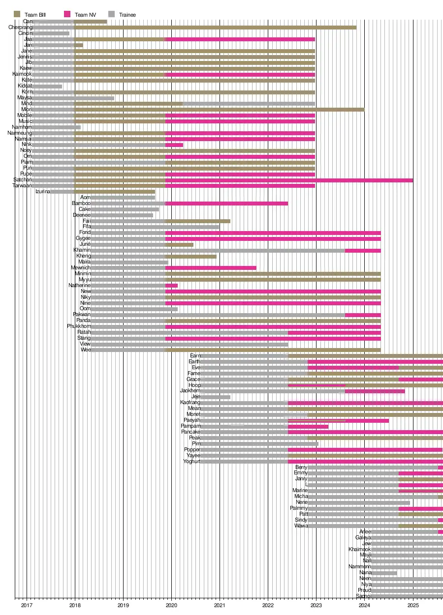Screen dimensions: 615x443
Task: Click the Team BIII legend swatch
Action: [x=17, y=15]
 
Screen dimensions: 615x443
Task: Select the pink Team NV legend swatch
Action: [x=67, y=15]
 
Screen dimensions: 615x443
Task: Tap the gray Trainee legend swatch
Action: [x=112, y=15]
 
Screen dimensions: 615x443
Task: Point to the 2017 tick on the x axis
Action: [x=27, y=599]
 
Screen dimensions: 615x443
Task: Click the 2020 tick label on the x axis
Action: [x=171, y=605]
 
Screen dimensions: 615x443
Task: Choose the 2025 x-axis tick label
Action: [x=412, y=605]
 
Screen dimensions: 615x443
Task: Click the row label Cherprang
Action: [x=20, y=28]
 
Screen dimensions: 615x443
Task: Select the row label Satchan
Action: [x=22, y=180]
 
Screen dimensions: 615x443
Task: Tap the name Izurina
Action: [x=42, y=192]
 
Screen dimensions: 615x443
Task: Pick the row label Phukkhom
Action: [x=79, y=326]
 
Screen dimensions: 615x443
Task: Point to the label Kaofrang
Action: [x=190, y=403]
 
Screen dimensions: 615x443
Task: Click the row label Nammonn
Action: [x=359, y=567]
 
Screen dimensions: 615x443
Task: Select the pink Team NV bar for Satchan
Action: [x=289, y=180]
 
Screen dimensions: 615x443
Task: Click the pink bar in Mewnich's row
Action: [x=211, y=268]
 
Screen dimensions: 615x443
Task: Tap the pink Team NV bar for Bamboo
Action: [x=226, y=204]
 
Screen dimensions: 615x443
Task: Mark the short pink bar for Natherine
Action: [x=171, y=286]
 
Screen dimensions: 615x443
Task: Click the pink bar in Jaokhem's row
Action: [x=375, y=391]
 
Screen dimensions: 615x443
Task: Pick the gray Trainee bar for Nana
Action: [x=384, y=573]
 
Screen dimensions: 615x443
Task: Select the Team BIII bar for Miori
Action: [x=219, y=110]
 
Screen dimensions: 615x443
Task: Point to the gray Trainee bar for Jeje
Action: [x=215, y=397]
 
